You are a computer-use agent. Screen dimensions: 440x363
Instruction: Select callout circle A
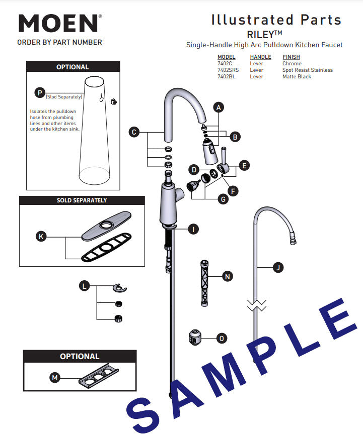218,107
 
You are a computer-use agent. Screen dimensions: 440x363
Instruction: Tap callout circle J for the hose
277,268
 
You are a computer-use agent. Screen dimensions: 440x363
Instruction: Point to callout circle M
54,377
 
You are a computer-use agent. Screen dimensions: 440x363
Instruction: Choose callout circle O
221,339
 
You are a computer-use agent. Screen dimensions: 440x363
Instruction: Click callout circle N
227,276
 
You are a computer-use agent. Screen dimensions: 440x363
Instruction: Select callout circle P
39,92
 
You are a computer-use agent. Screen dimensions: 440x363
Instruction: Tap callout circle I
192,229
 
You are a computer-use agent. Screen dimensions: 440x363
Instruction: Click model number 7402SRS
228,70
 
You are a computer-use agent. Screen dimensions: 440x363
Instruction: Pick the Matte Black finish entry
297,77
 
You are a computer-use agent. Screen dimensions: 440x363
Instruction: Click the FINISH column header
291,57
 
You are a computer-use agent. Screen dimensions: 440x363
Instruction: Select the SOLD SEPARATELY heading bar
82,200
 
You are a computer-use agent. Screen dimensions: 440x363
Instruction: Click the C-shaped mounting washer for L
120,288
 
